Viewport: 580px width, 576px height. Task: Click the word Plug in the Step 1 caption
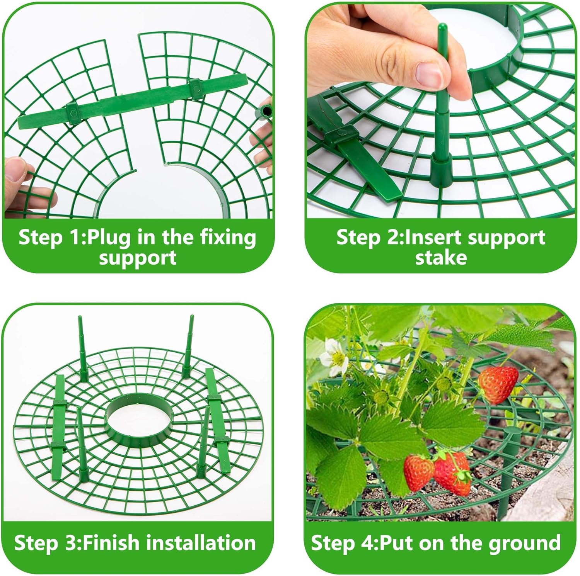(x=109, y=238)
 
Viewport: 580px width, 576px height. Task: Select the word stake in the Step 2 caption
(x=441, y=258)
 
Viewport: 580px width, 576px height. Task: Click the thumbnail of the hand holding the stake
(x=441, y=112)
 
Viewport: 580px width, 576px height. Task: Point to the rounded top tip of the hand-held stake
(x=442, y=27)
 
